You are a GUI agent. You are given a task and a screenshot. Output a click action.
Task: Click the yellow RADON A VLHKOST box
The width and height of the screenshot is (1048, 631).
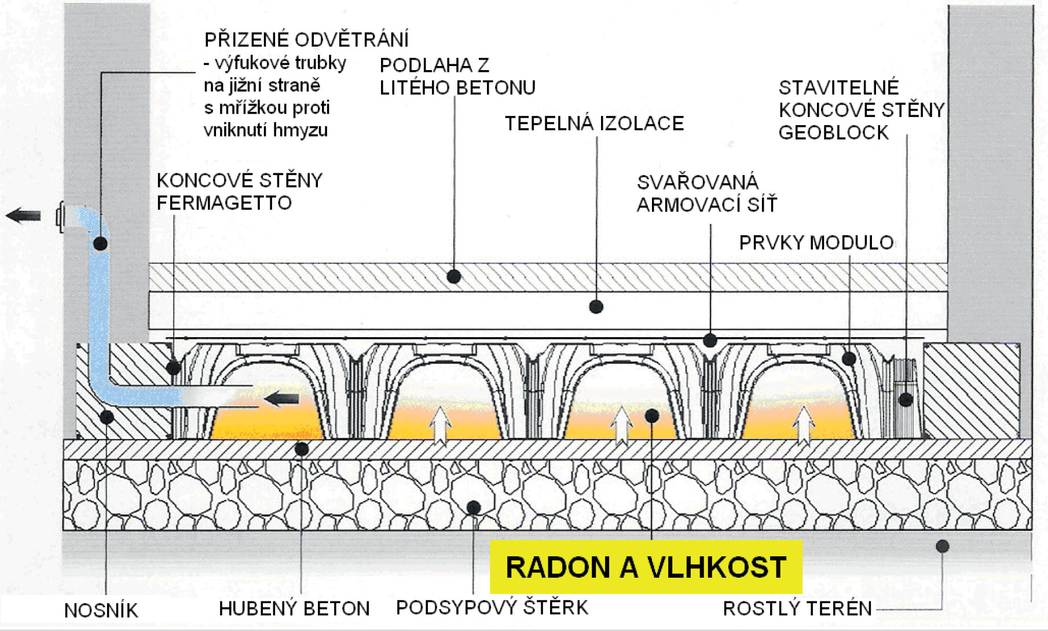(x=646, y=567)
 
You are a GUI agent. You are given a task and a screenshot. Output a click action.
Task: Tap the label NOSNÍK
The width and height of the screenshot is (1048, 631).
(x=101, y=610)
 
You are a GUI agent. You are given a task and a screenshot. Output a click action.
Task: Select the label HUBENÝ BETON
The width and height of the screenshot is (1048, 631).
(x=294, y=608)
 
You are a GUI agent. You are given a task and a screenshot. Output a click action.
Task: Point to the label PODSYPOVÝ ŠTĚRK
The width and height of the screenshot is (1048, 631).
(x=492, y=607)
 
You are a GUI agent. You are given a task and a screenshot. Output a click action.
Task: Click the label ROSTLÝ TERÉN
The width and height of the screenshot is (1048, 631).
(x=797, y=608)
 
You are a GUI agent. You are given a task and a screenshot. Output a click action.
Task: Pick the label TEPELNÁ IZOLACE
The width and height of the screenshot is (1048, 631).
(x=594, y=123)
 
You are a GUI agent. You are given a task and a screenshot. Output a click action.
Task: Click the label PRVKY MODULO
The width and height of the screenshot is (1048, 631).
(x=816, y=242)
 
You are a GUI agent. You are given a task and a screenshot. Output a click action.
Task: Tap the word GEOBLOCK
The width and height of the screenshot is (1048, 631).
(x=833, y=133)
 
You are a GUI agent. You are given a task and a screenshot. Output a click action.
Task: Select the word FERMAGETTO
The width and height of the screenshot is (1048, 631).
(x=224, y=203)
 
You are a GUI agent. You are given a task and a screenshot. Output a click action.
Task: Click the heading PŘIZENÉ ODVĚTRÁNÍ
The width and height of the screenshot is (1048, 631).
(x=306, y=40)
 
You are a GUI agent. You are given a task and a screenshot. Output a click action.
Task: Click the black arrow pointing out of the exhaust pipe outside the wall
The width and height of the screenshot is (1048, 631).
(x=23, y=216)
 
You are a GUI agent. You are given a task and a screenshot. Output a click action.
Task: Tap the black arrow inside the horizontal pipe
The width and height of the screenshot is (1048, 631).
(x=281, y=399)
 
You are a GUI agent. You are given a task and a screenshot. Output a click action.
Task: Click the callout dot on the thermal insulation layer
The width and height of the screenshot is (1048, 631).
(x=596, y=307)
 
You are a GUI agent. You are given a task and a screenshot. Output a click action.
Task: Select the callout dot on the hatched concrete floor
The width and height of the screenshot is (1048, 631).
(x=454, y=276)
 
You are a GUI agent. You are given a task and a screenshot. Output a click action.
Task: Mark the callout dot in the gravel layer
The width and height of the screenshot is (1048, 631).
(x=474, y=508)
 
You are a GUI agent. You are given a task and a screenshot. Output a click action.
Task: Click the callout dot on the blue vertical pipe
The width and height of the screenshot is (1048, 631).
(x=100, y=243)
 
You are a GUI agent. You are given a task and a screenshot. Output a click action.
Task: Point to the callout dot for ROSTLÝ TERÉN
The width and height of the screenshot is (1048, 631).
(x=942, y=546)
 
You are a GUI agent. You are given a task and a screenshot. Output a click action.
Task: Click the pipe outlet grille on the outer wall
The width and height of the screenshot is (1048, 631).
(x=60, y=217)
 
